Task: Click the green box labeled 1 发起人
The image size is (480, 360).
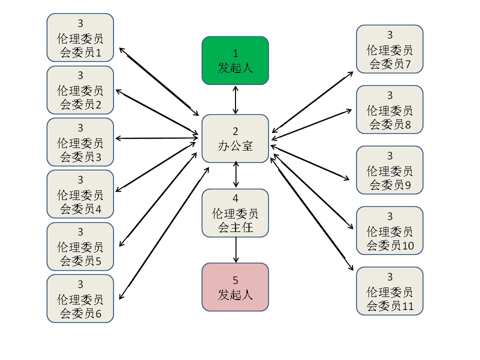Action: (235, 60)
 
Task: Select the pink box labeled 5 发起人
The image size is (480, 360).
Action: (235, 287)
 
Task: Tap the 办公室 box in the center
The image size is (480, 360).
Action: (235, 138)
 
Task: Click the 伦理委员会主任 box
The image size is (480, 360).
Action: (235, 213)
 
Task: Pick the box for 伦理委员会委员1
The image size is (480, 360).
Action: (80, 37)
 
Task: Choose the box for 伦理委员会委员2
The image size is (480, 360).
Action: (80, 90)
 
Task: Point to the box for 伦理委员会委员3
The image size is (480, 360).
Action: (80, 142)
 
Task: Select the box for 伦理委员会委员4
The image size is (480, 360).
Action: (80, 194)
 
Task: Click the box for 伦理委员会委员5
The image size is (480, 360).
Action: (80, 246)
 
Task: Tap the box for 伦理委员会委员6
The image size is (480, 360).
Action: (80, 298)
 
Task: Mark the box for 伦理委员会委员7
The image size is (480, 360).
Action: (389, 49)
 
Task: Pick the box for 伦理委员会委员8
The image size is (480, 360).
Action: (389, 109)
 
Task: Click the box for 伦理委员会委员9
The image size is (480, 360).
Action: (389, 170)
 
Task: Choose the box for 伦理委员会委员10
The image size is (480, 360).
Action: (389, 230)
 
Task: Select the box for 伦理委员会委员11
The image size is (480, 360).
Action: (389, 291)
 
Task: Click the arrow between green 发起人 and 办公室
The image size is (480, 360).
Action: (235, 100)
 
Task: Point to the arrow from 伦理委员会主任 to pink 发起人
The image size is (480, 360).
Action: (235, 250)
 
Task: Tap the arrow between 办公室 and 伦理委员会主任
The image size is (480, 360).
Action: (235, 174)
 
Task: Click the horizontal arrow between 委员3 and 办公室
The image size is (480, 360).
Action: (157, 138)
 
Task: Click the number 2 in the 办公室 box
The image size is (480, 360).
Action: (235, 131)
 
